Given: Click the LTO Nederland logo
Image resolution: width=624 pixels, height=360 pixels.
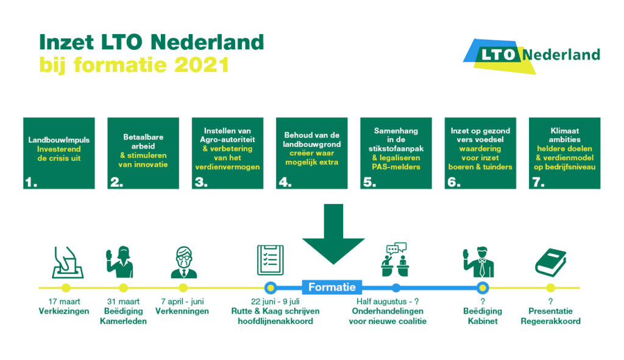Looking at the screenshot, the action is coord(531,55).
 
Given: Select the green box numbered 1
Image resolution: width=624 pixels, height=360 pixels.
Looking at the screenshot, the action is coord(59,153).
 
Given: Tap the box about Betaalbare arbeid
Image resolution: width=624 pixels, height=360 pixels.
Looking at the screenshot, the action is coord(143,153).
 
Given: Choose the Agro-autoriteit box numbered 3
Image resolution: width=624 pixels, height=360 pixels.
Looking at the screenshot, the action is coord(228,153).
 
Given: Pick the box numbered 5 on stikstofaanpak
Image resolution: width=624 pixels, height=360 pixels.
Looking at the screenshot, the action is coord(396,153).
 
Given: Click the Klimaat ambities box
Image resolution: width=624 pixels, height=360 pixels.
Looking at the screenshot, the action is coord(565,153).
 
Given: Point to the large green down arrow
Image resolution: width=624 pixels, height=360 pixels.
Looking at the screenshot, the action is coord(333,234).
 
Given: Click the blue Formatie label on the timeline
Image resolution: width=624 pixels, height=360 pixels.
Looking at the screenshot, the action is coord(332,287).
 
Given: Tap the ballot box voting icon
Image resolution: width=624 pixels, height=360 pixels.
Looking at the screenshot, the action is coord(68,262).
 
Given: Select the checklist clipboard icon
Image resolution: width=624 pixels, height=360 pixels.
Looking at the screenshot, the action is coord(270,260).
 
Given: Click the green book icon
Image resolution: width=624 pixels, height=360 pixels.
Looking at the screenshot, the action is coord(550,263).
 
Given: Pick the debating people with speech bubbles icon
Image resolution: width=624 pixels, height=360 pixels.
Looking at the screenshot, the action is coord(395,259).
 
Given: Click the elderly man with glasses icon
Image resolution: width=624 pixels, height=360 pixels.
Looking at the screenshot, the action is coord(184,263).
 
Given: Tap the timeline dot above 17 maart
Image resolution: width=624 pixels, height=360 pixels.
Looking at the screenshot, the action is coord(66,288).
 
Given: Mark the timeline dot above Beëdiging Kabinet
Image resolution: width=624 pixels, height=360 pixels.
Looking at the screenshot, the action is coord(483,288).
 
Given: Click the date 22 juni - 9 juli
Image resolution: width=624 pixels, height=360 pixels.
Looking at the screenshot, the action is coord(275,302).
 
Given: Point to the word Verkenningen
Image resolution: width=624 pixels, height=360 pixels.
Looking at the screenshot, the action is coord(182,311).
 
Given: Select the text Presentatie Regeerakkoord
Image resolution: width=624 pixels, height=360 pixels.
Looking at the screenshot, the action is coord(550,316).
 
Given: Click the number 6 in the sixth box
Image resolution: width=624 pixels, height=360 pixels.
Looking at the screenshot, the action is coord(454,182).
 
